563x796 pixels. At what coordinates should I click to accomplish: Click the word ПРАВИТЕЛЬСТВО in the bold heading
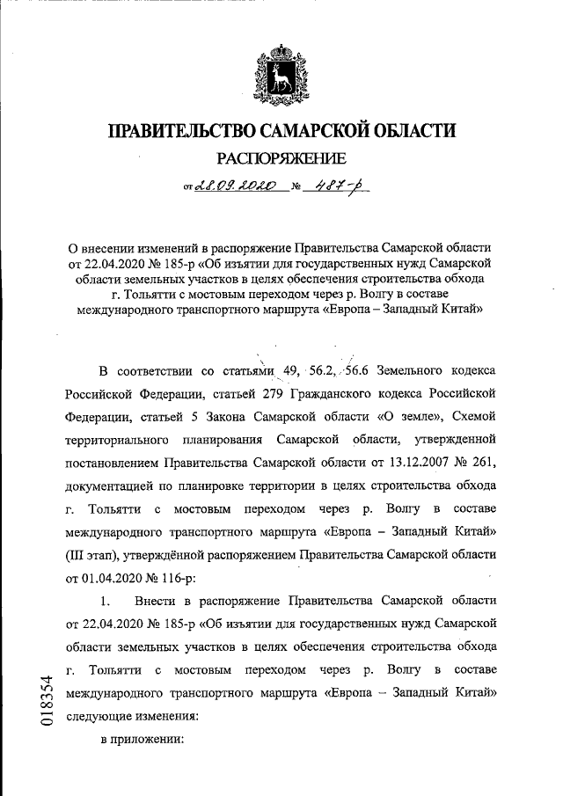[180, 131]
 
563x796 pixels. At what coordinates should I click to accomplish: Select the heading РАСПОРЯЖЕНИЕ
[281, 159]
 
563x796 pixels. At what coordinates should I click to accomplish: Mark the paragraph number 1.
[106, 602]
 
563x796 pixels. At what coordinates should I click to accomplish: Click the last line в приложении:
[141, 740]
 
